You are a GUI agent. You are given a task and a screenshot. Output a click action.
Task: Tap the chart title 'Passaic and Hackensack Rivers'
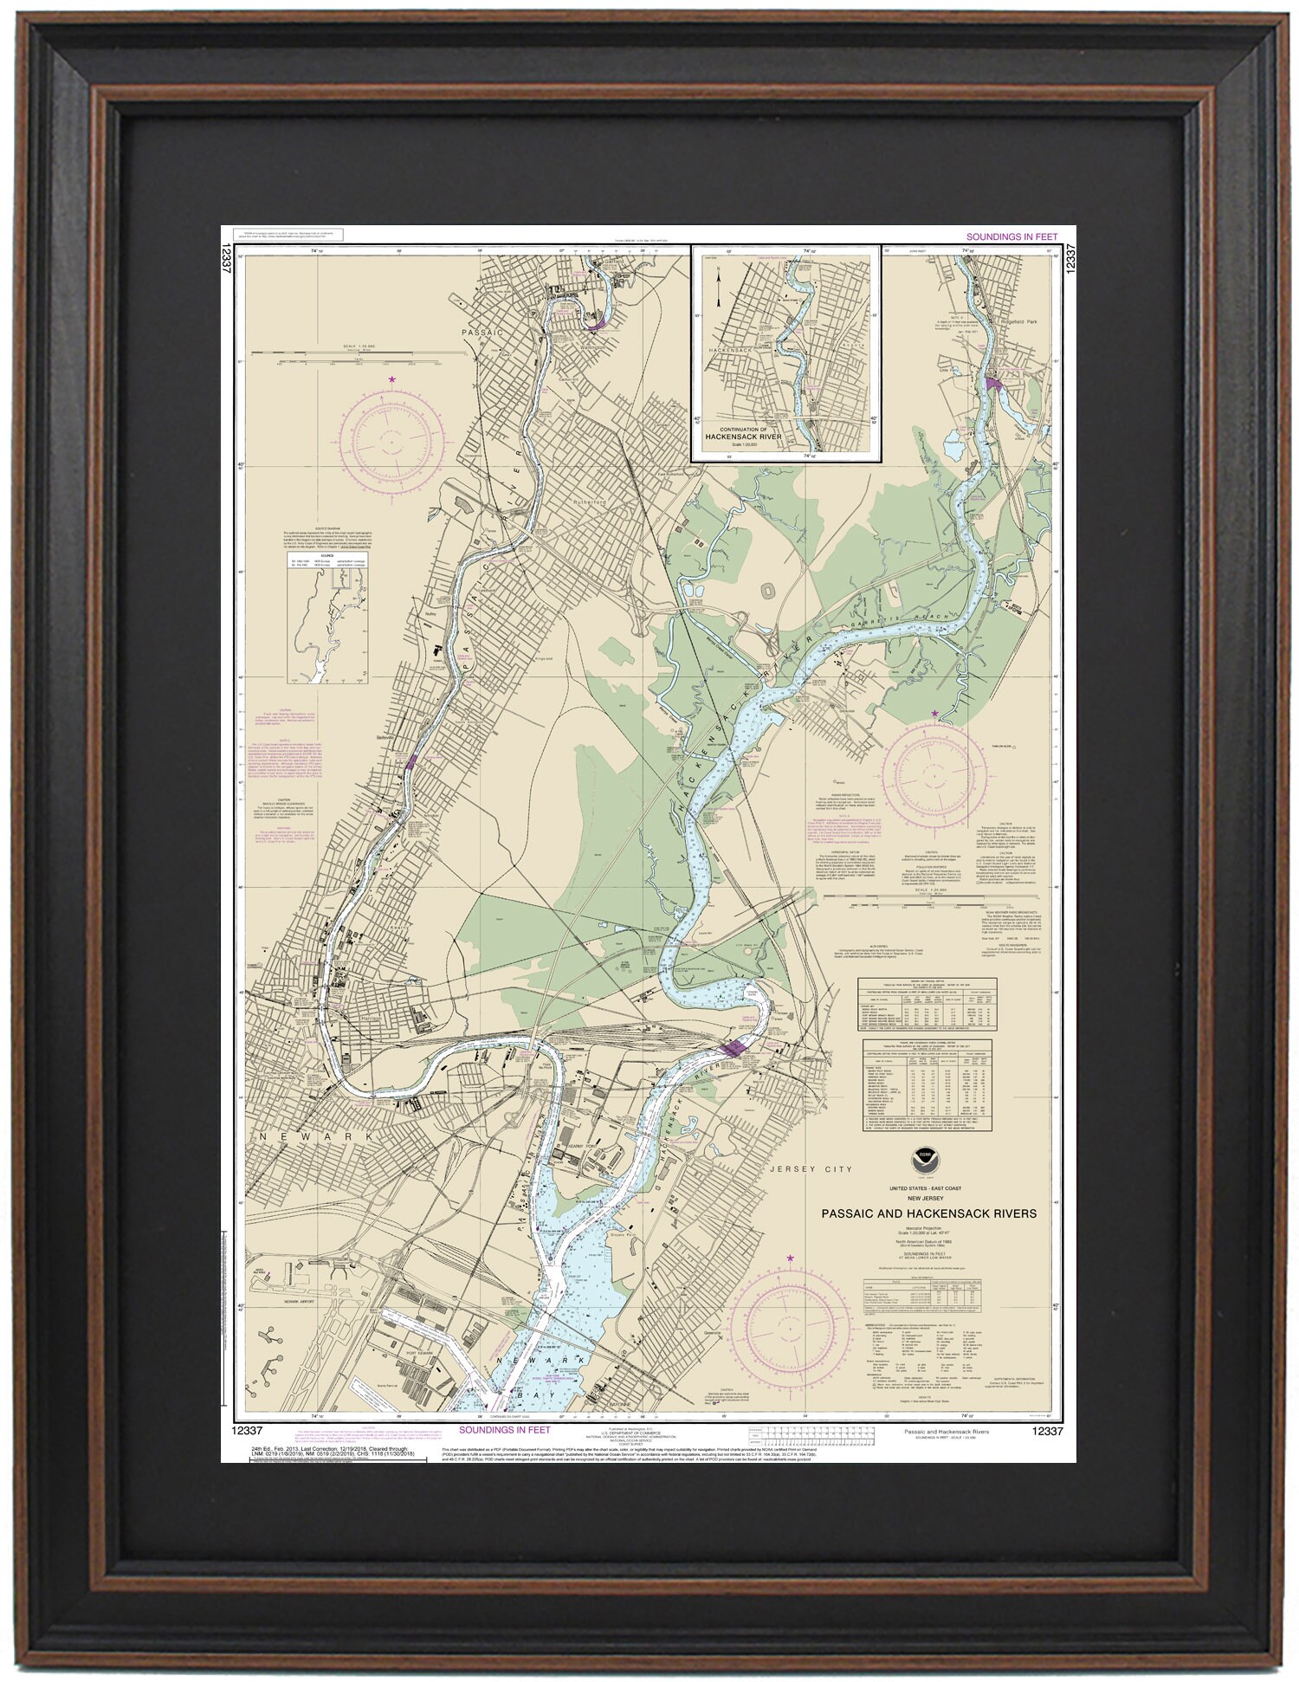928,1213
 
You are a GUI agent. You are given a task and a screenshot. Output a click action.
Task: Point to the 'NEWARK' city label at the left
317,1135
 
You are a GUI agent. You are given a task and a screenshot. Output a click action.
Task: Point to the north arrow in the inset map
718,281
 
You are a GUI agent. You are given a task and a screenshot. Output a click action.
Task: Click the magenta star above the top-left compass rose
391,379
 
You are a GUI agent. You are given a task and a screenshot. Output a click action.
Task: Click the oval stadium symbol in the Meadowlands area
766,590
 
